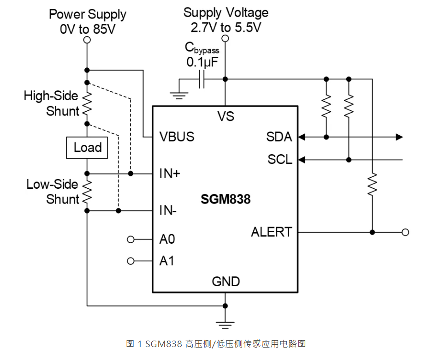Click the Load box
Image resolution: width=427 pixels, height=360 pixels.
pos(87,148)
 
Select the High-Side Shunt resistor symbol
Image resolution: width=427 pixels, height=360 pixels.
pos(87,104)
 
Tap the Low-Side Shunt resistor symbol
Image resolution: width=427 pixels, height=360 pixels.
pos(87,192)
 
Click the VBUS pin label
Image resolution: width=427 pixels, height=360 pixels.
pos(177,137)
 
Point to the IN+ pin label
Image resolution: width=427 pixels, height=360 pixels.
pos(170,174)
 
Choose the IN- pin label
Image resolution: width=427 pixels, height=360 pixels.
pos(168,210)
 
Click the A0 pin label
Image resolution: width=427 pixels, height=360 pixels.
pos(167,240)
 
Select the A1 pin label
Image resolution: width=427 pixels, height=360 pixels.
pos(167,261)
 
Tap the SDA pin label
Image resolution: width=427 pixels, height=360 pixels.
pos(279,137)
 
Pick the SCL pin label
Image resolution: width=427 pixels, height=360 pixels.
pos(279,160)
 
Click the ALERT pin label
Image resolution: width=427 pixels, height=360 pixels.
pos(272,232)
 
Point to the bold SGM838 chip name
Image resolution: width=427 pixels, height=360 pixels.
pos(225,199)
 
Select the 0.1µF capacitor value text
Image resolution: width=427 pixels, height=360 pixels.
pos(202,62)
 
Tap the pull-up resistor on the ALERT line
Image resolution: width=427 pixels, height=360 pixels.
pos(372,183)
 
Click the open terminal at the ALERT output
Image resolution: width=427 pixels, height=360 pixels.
pos(405,232)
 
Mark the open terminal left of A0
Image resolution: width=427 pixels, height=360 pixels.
pos(130,240)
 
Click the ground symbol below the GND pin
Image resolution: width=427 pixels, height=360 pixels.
pos(225,323)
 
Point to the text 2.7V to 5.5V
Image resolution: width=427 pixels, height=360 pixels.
pos(225,27)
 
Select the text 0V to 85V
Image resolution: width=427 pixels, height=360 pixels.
pos(87,30)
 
